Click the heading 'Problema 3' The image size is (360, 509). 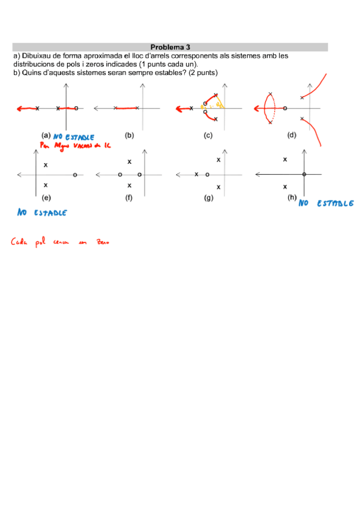[x=170, y=47]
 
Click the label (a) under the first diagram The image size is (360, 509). [x=46, y=136]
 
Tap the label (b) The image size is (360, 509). [x=129, y=136]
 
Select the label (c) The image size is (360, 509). [x=208, y=136]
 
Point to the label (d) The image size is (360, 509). [x=292, y=136]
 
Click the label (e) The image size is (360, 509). [x=46, y=197]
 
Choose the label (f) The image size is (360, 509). [x=129, y=197]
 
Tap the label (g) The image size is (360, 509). [x=208, y=197]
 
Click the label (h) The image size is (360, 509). [x=292, y=197]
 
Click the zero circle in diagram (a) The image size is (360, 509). [x=76, y=109]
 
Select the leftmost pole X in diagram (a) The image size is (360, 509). [x=37, y=109]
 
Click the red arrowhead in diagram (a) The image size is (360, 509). [x=19, y=109]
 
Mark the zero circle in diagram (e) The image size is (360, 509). [x=74, y=175]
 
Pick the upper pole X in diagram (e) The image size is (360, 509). [x=46, y=164]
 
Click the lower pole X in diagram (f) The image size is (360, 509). [x=129, y=185]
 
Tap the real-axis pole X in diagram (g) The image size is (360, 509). [x=196, y=174]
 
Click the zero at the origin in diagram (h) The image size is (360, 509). [x=304, y=174]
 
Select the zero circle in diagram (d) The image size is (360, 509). [x=284, y=109]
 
